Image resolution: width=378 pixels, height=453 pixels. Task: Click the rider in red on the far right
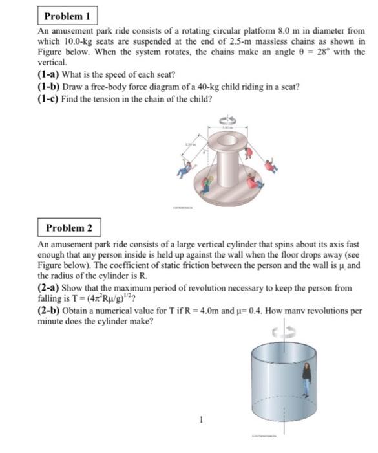tap(271, 166)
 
